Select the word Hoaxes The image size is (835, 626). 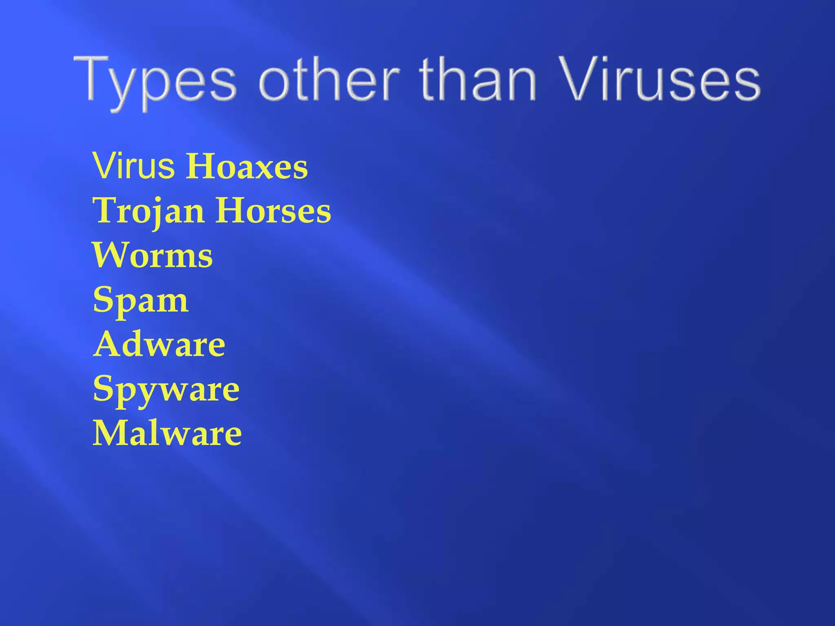(x=247, y=167)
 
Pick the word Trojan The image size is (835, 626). (x=149, y=211)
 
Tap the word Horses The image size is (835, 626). (x=273, y=211)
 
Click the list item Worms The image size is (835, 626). (x=153, y=256)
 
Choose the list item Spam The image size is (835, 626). (x=141, y=301)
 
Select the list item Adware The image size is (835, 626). (x=159, y=345)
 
